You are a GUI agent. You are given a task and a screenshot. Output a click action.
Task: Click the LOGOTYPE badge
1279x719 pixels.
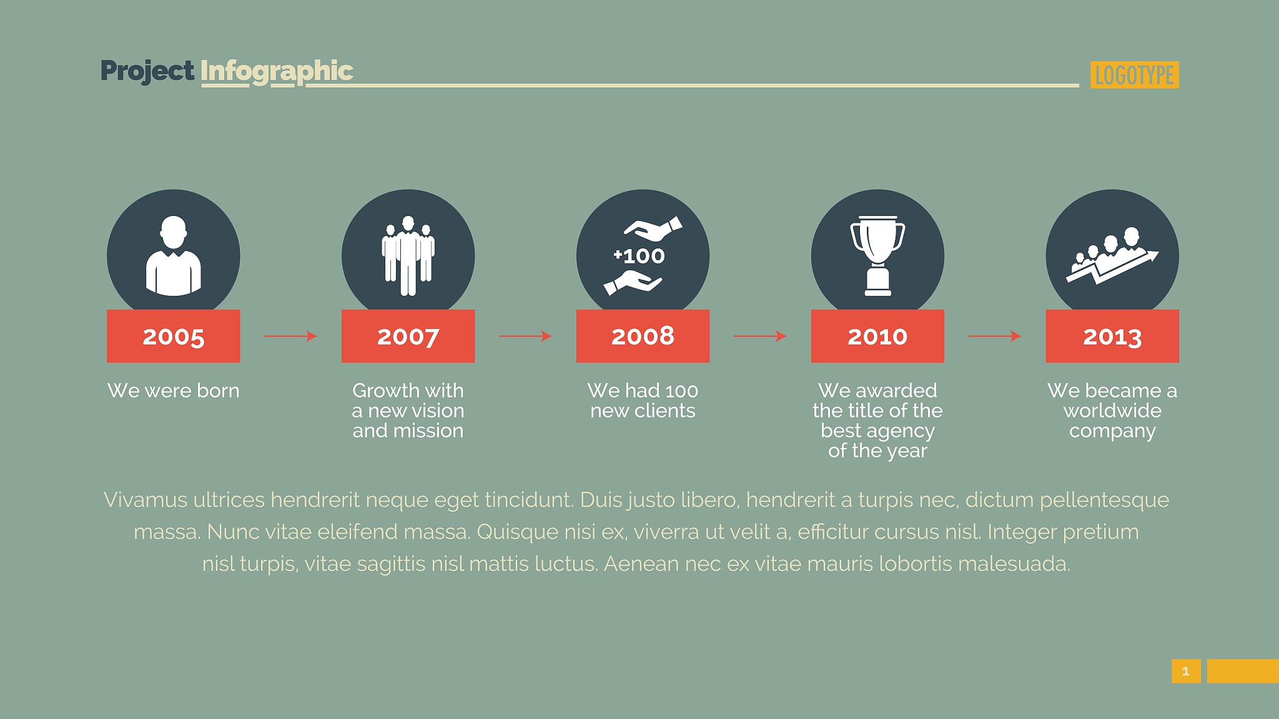point(1134,75)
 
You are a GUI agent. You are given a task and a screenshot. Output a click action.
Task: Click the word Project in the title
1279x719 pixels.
point(147,71)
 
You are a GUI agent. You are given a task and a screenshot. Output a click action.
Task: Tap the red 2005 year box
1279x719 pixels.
point(174,336)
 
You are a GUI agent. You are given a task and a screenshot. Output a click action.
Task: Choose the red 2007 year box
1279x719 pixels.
point(408,336)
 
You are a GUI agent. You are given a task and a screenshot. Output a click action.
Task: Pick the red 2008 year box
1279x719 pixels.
point(643,336)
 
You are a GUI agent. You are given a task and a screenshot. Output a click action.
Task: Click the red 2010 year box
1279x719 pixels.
point(877,336)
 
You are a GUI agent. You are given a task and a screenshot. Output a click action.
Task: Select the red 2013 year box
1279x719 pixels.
point(1112,336)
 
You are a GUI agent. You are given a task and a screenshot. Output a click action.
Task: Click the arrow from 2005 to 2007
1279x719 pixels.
point(291,336)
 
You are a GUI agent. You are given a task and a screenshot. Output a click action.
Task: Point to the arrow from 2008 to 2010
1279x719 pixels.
point(760,336)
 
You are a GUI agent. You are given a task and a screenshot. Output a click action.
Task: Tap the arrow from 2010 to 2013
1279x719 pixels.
point(995,336)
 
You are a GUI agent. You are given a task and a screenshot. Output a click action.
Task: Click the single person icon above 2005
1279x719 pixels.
point(174,256)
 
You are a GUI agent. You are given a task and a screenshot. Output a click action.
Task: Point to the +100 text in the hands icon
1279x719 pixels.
point(639,256)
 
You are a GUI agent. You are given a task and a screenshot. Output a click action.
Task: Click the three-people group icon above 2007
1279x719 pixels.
point(408,256)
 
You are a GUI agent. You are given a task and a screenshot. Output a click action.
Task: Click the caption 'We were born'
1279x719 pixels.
point(174,391)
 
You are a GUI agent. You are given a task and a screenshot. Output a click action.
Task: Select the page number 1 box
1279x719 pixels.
point(1186,671)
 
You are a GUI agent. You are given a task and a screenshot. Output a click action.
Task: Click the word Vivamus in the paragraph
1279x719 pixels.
point(146,500)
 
